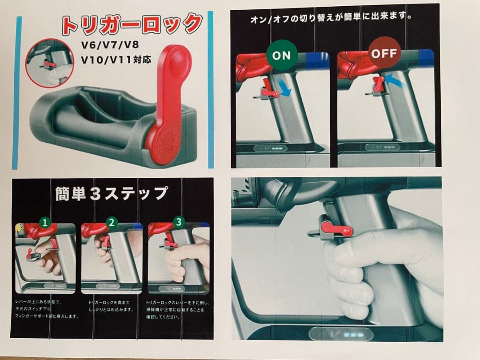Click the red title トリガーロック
pos(132,25)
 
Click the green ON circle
pos(281,55)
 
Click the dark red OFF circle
pos(384,54)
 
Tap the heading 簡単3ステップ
pos(112,194)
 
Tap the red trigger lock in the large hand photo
pos(338,228)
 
